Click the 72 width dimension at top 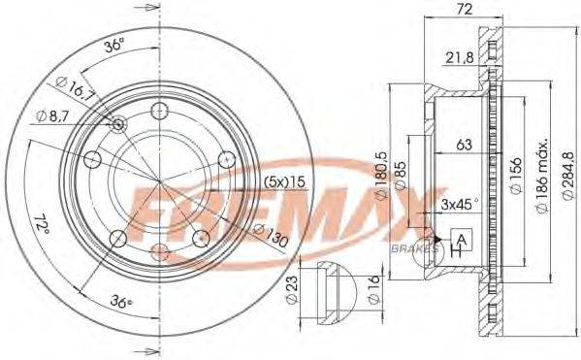point(464,9)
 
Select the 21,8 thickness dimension point(460,58)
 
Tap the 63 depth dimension point(464,145)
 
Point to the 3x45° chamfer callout point(460,205)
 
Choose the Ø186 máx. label point(542,176)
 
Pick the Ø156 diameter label point(515,175)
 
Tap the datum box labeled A point(462,240)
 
